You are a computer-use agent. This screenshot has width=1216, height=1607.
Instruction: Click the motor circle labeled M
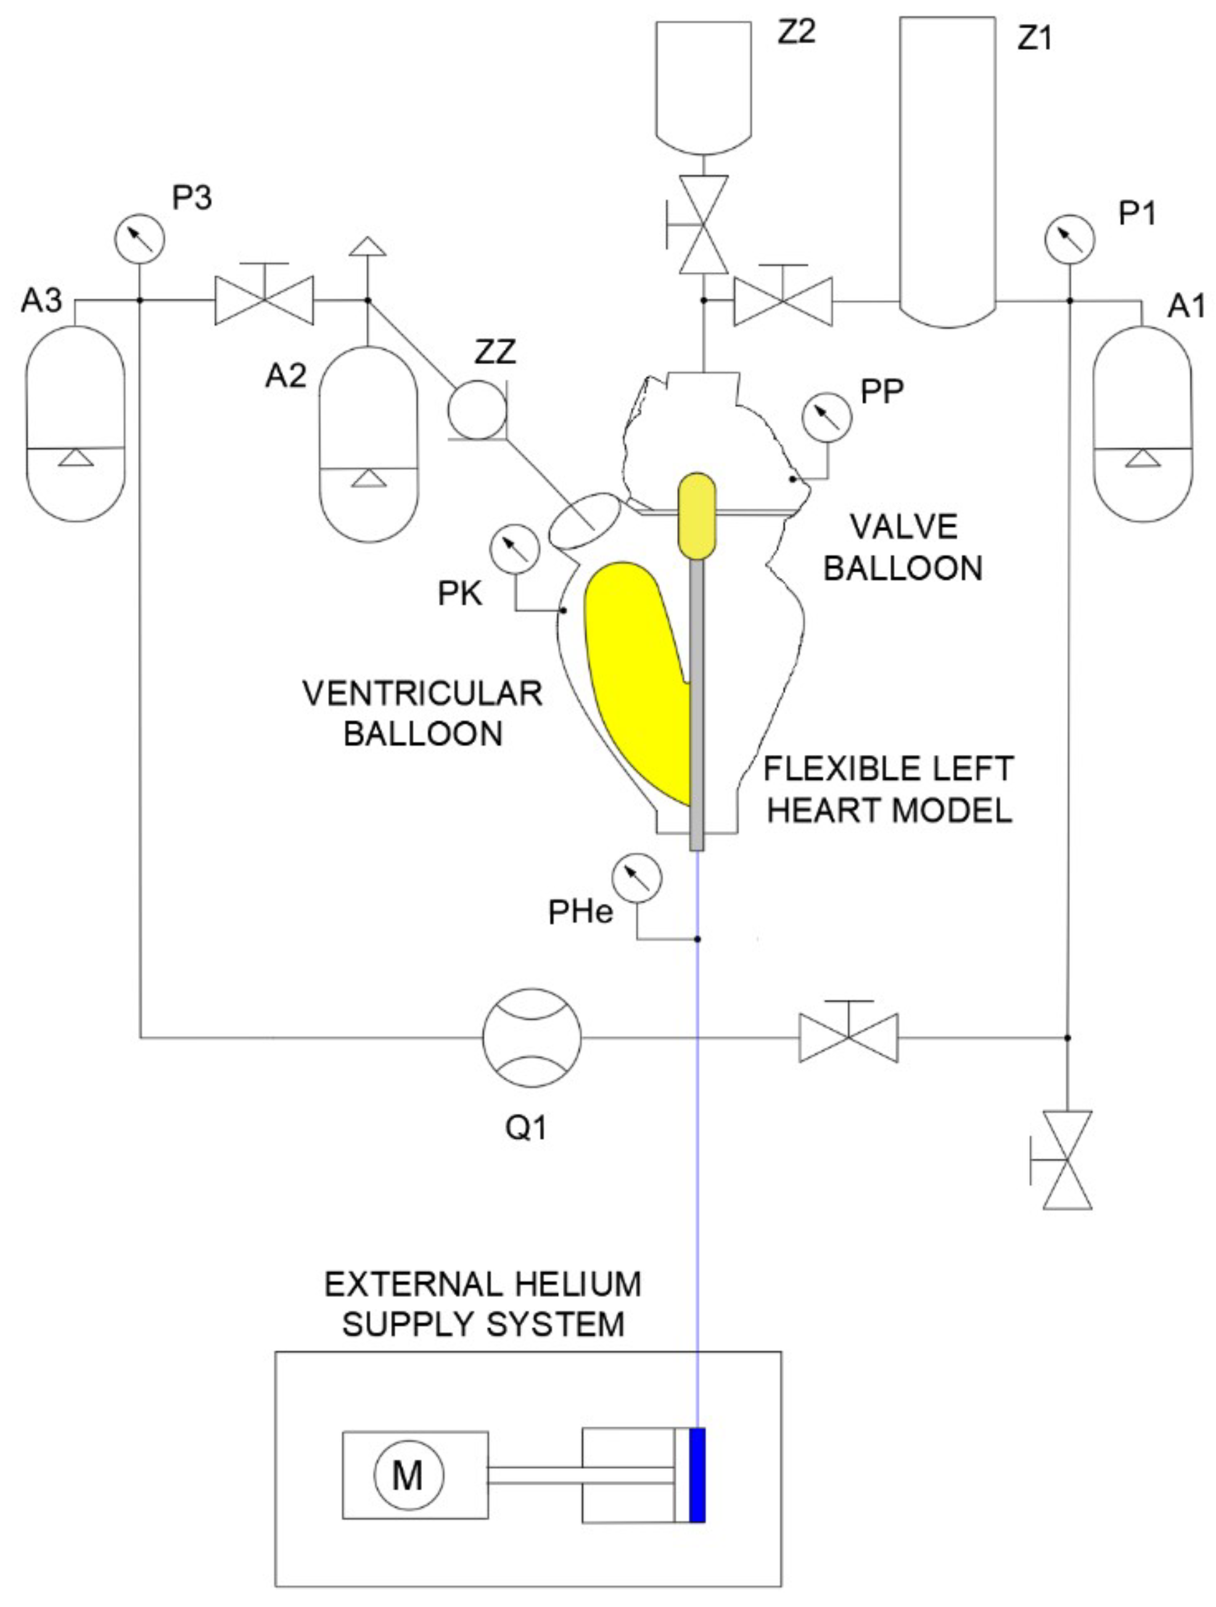[408, 1476]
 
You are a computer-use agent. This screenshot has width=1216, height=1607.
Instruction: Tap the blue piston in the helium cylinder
[697, 1475]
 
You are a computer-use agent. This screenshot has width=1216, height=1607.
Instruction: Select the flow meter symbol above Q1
[532, 1037]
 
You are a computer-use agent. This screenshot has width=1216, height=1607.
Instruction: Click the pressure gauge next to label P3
[139, 238]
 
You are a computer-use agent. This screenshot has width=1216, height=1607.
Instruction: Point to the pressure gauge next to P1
[1069, 238]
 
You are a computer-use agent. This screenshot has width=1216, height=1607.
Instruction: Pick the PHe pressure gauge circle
[636, 878]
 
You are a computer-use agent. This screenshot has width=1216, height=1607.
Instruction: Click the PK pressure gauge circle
[515, 550]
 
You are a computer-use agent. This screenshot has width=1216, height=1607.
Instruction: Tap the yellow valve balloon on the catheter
[697, 516]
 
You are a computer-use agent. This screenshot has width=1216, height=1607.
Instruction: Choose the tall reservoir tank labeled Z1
[947, 167]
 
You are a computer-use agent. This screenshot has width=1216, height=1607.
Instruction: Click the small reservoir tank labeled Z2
[703, 83]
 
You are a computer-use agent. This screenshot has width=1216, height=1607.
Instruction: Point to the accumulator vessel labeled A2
[369, 443]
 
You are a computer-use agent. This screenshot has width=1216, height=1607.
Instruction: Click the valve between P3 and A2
[265, 299]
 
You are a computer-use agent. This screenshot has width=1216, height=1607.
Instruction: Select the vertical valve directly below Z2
[703, 225]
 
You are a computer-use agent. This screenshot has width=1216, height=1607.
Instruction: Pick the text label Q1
[526, 1128]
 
